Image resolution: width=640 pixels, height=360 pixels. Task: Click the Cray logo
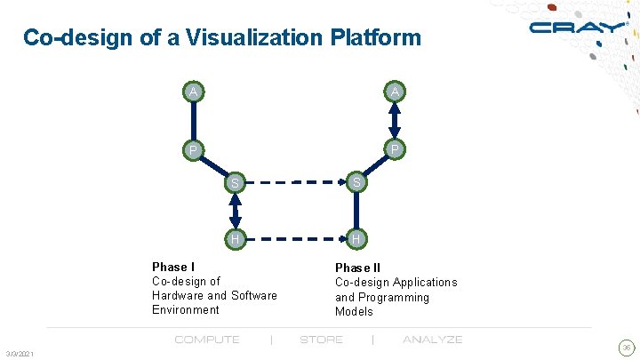[x=578, y=28]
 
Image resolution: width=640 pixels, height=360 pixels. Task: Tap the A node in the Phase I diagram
[x=192, y=92]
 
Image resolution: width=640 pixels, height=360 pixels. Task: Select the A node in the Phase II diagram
[x=395, y=92]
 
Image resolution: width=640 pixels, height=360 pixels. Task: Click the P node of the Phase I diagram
[x=192, y=149]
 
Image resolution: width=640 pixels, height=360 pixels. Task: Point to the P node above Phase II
[x=395, y=149]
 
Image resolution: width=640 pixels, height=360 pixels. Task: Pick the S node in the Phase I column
[x=236, y=183]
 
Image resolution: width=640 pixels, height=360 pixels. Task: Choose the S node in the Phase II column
[x=356, y=183]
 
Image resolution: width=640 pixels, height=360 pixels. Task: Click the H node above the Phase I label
[x=236, y=238]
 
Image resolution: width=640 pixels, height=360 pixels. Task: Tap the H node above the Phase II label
[x=356, y=238]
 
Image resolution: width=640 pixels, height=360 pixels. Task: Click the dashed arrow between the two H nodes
[x=295, y=238]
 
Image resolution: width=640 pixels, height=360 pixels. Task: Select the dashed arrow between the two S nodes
[x=295, y=183]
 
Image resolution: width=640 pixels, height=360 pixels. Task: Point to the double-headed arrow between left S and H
[x=236, y=211]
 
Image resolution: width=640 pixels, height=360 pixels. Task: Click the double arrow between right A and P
[x=395, y=120]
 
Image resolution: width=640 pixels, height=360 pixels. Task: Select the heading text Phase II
[x=357, y=268]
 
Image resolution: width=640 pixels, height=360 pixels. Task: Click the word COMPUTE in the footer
[x=207, y=340]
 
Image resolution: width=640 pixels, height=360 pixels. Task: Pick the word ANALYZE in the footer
[x=432, y=340]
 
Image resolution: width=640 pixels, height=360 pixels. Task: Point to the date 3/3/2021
[x=19, y=355]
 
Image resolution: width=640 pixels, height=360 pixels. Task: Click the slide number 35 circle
[x=626, y=348]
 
